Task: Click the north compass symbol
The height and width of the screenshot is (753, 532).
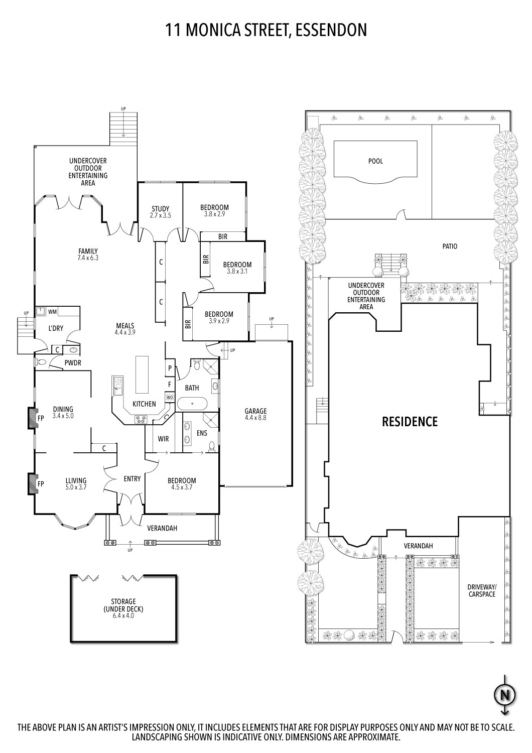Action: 505,695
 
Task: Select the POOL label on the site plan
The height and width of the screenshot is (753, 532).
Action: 375,161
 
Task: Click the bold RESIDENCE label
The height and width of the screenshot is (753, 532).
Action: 410,422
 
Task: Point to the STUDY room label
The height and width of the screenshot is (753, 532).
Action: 161,209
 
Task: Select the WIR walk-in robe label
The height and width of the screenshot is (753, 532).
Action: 164,439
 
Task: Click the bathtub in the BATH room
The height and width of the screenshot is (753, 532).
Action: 192,403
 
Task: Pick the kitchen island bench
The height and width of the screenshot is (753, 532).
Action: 142,374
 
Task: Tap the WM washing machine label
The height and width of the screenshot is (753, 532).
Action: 52,312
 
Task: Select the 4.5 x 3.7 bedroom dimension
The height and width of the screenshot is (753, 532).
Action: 182,487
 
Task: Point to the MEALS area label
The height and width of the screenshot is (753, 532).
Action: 125,326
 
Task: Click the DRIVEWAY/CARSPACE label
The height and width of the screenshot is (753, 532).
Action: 481,590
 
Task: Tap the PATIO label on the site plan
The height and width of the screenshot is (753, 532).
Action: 450,246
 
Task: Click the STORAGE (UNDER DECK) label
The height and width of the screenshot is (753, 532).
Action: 123,608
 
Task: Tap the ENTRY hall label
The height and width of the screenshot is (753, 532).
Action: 132,479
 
